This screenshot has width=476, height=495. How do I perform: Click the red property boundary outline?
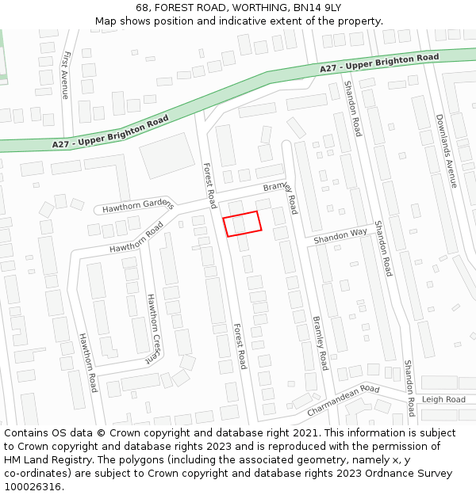tap(242, 224)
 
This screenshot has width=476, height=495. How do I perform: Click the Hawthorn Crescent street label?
tap(152, 329)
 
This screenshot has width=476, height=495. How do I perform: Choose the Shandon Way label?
tap(340, 236)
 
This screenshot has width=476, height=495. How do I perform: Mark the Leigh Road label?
tap(443, 400)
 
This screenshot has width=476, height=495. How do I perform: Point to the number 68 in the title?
tap(142, 7)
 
